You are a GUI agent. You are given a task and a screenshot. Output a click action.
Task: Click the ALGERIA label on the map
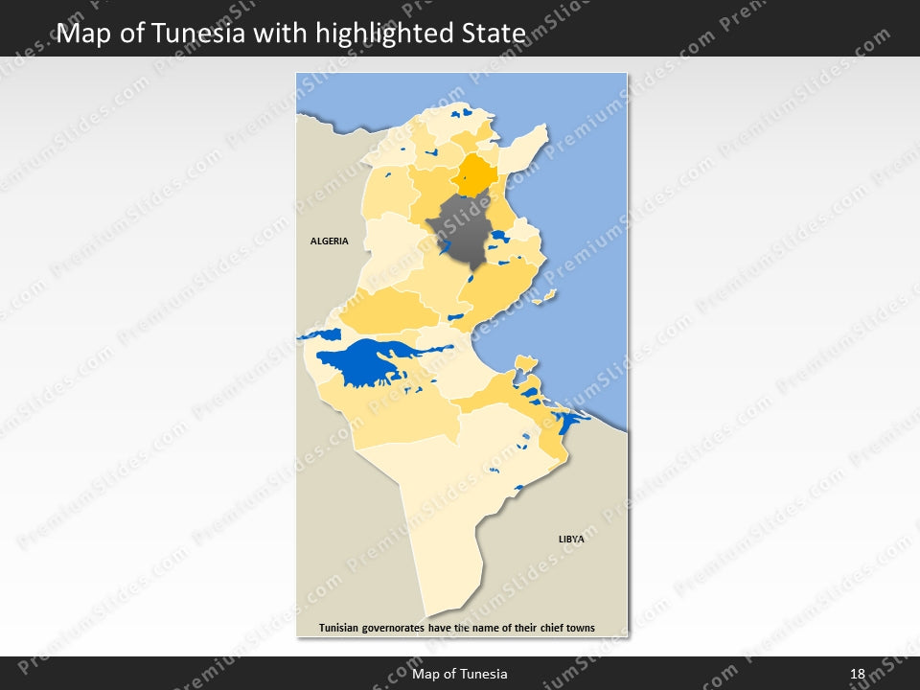click(329, 241)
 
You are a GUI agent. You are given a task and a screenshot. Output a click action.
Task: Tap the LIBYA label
click(571, 540)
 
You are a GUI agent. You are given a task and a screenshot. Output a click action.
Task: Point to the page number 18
click(858, 674)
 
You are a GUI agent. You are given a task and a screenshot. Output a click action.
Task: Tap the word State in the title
click(497, 34)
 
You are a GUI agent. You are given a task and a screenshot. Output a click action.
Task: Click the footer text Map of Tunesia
click(460, 674)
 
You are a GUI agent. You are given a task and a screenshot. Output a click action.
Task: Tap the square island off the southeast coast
click(524, 361)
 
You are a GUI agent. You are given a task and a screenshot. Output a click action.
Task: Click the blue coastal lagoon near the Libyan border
click(569, 420)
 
